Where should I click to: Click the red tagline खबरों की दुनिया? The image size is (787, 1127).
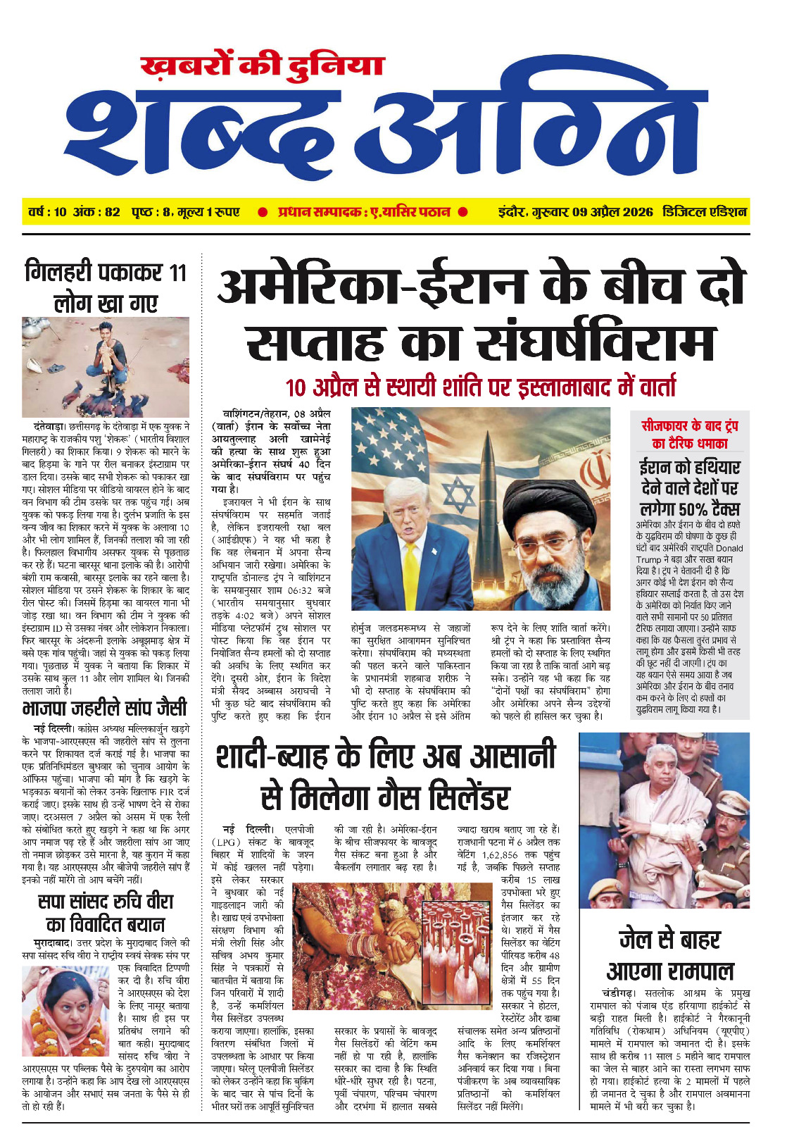click(262, 66)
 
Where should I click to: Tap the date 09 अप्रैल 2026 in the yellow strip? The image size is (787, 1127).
click(612, 212)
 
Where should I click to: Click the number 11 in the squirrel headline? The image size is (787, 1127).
click(177, 272)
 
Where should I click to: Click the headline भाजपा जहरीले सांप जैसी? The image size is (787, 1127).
click(105, 708)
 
